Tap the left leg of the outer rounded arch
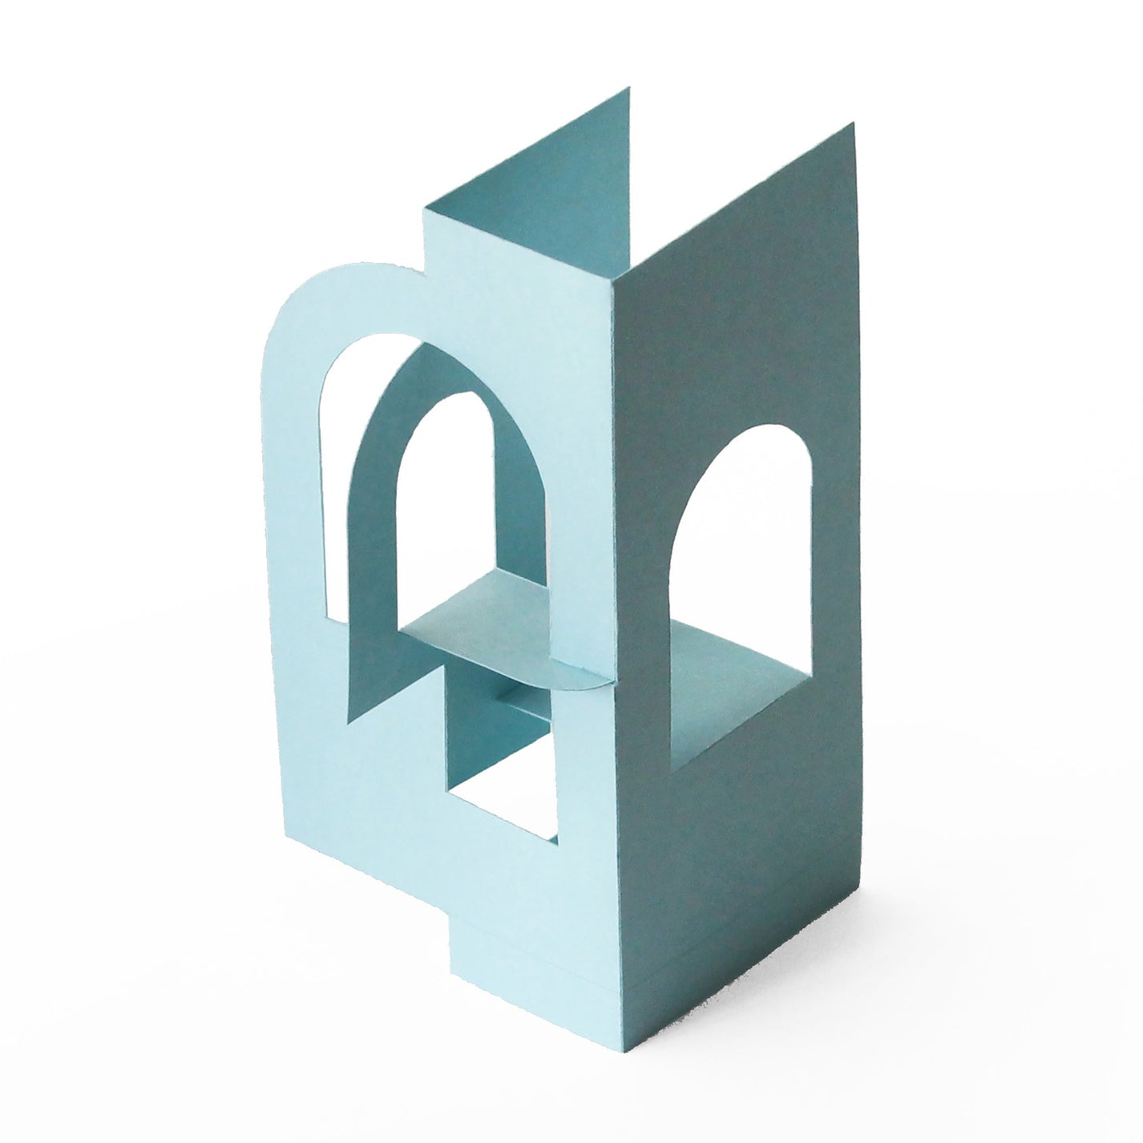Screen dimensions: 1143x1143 coord(293,521)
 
